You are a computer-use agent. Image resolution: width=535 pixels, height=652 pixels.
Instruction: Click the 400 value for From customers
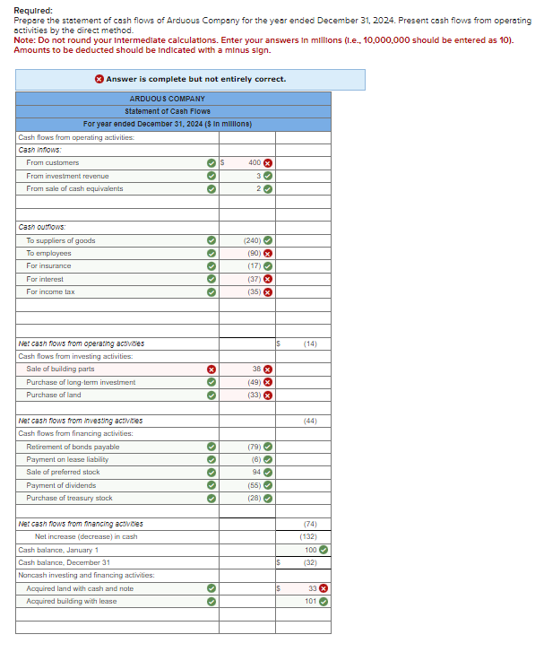(x=254, y=163)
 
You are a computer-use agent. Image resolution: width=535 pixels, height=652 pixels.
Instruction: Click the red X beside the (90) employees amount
(x=267, y=254)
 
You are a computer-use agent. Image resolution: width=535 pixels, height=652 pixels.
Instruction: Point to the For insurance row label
(x=48, y=266)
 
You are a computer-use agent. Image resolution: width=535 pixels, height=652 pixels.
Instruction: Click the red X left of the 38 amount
(x=211, y=369)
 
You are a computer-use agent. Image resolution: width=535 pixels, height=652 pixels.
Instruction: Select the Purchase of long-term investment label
(x=81, y=382)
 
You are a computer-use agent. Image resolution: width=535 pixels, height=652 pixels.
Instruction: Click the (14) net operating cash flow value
(x=310, y=343)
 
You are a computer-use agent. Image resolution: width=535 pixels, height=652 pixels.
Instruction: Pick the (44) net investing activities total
(x=310, y=421)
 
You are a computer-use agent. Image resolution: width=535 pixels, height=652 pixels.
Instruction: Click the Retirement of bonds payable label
(x=73, y=447)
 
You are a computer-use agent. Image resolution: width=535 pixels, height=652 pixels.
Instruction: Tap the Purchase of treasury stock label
(x=69, y=498)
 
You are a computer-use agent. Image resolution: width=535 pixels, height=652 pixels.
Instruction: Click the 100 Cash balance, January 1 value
(x=310, y=550)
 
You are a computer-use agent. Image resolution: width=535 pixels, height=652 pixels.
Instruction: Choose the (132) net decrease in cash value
(x=308, y=536)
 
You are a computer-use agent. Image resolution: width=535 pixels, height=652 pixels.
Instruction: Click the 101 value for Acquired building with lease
(x=310, y=602)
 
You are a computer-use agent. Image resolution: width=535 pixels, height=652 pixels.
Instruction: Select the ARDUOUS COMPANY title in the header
(x=167, y=99)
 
